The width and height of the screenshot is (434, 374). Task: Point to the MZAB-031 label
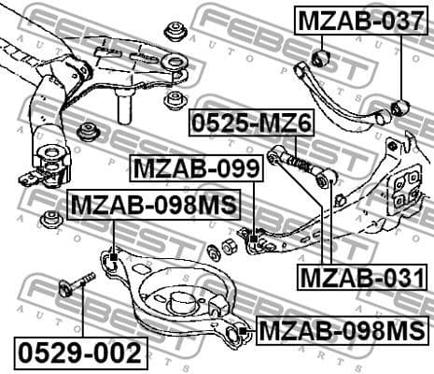tap(356, 277)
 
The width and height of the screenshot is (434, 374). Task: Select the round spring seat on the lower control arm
tap(179, 302)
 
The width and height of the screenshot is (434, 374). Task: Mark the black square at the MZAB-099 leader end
tap(253, 241)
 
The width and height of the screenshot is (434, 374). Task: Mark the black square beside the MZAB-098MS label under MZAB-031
tap(242, 330)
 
